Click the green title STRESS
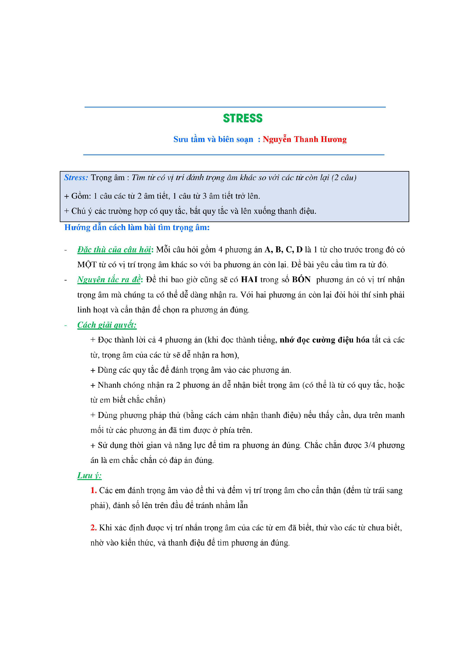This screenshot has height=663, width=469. (x=243, y=118)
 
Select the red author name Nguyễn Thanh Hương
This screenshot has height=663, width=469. (x=305, y=139)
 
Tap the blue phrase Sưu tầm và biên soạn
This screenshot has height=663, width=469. (x=213, y=139)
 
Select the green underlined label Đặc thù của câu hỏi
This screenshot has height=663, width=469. (x=114, y=250)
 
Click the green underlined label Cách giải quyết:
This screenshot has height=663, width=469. (x=107, y=325)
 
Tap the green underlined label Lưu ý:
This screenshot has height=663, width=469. (x=89, y=476)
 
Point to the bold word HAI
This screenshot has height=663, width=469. (x=249, y=280)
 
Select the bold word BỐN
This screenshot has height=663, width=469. (x=301, y=280)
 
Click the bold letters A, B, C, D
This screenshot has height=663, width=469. (x=283, y=250)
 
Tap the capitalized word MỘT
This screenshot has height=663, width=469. (x=87, y=265)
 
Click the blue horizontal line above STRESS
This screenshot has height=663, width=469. (x=235, y=107)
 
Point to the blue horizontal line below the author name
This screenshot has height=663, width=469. (x=234, y=155)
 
